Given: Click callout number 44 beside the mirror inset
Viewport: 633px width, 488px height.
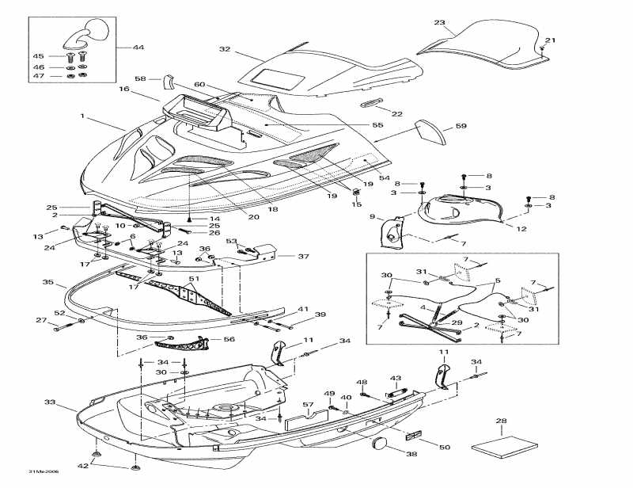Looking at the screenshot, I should point(139,48).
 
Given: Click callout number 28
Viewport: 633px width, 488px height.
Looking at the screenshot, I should point(501,421).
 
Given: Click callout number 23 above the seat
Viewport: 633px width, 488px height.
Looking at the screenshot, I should point(440,22).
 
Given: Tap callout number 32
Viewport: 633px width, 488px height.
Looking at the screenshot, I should point(225,49).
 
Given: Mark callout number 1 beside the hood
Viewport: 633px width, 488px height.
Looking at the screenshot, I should point(81,116).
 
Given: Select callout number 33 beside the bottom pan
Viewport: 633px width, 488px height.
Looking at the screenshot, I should point(50,402).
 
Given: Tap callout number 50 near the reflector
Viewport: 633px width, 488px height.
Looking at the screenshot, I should point(445,448).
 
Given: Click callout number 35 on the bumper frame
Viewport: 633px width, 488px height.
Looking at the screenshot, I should point(47,281).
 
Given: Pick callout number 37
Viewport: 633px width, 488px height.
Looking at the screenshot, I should point(303,256).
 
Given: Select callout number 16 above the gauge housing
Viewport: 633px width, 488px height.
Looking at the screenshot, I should point(124,90).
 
